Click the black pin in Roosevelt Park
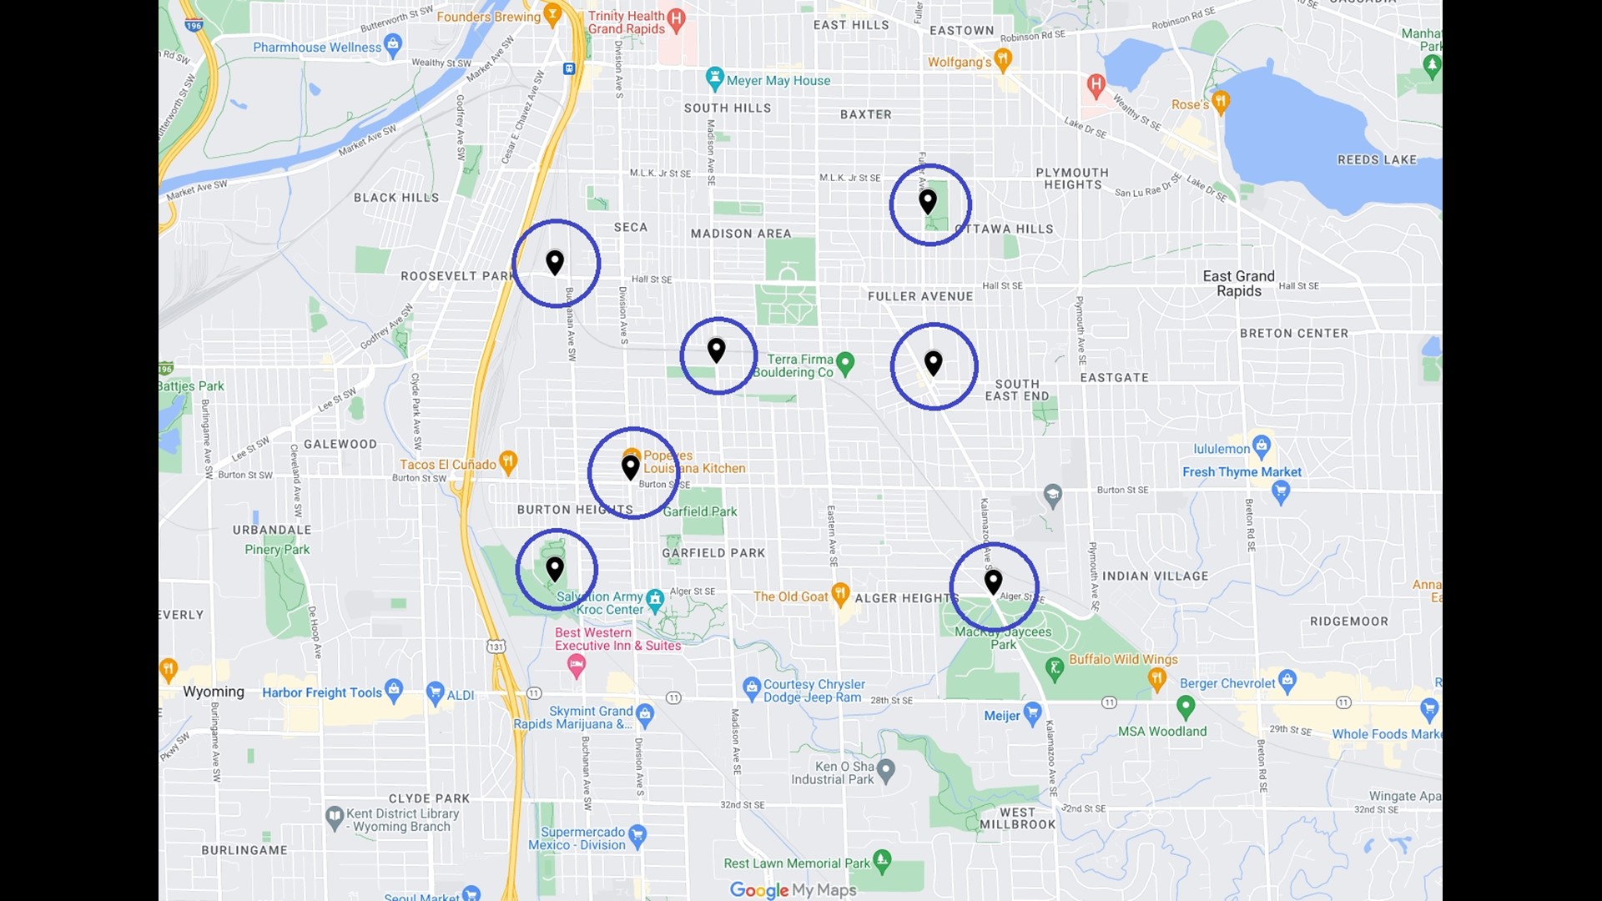point(555,262)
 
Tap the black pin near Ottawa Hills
point(928,201)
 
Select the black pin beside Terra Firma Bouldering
point(717,350)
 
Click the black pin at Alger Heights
point(993,581)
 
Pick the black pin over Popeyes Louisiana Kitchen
point(631,466)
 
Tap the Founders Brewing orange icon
point(552,14)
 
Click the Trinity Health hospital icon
point(677,18)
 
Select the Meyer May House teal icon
point(714,78)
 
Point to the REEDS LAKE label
point(1377,160)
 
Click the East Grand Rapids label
point(1238,284)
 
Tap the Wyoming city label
point(214,692)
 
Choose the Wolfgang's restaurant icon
point(1003,59)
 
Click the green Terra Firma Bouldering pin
point(845,363)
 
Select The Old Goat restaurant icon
point(840,594)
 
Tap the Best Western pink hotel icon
point(576,665)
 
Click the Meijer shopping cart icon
point(1032,713)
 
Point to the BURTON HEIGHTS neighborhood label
point(575,510)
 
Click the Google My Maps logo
point(793,890)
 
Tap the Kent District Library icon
point(335,815)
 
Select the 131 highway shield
point(496,646)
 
